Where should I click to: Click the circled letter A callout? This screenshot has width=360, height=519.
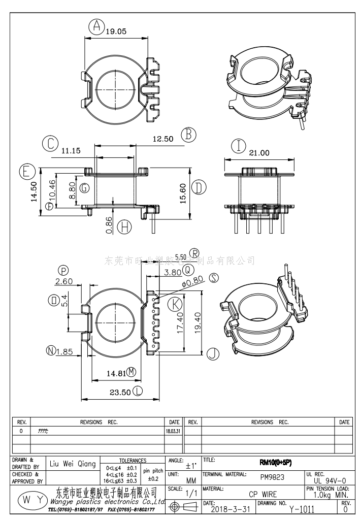(x=96, y=26)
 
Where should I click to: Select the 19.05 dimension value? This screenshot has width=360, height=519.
(x=116, y=31)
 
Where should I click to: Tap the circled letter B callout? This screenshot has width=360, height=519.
(x=188, y=134)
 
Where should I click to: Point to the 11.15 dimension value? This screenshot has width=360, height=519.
(x=71, y=150)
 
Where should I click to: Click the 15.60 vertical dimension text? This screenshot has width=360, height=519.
(x=183, y=193)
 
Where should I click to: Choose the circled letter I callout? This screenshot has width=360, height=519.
(x=238, y=146)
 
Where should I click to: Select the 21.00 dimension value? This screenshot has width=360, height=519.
(x=258, y=152)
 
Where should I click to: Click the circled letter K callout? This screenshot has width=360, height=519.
(x=175, y=304)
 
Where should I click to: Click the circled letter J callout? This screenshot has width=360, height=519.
(x=213, y=353)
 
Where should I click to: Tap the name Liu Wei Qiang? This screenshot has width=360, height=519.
(x=73, y=464)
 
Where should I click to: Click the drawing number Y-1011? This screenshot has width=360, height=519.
(x=302, y=509)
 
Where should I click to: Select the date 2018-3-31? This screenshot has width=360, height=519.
(x=230, y=509)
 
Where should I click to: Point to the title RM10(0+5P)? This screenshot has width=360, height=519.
(x=275, y=463)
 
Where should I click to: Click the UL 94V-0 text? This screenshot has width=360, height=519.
(x=330, y=480)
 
